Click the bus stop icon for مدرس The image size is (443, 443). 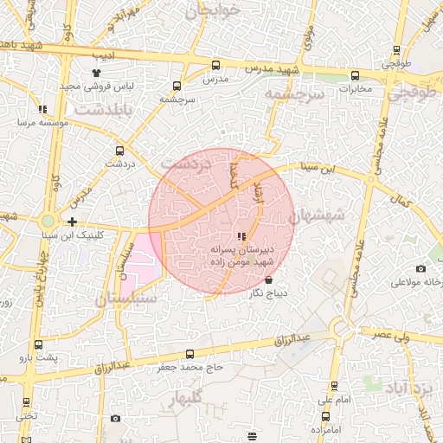click(x=215, y=65)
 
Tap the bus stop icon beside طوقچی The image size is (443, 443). click(x=396, y=50)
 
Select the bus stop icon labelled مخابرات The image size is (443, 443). click(x=355, y=74)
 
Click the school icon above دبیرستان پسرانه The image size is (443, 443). click(x=241, y=236)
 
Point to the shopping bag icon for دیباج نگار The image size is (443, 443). click(x=268, y=280)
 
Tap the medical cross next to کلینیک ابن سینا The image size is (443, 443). click(x=72, y=222)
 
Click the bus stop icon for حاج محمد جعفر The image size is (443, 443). click(x=189, y=354)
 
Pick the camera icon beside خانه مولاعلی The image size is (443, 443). click(x=421, y=270)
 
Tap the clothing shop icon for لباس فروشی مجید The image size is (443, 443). click(x=97, y=74)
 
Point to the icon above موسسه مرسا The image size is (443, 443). click(x=42, y=110)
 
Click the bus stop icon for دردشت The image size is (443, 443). click(x=118, y=150)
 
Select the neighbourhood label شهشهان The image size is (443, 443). click(x=317, y=214)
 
